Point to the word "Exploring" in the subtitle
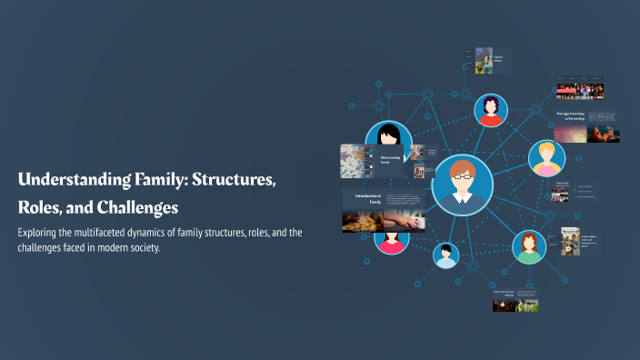tap(40, 233)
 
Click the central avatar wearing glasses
tap(462, 185)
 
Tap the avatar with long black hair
tap(389, 140)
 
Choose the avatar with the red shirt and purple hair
tap(491, 111)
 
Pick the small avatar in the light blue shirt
tap(445, 255)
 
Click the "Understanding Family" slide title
tap(391, 161)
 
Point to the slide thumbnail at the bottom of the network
tap(515, 300)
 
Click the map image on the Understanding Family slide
tap(352, 162)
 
